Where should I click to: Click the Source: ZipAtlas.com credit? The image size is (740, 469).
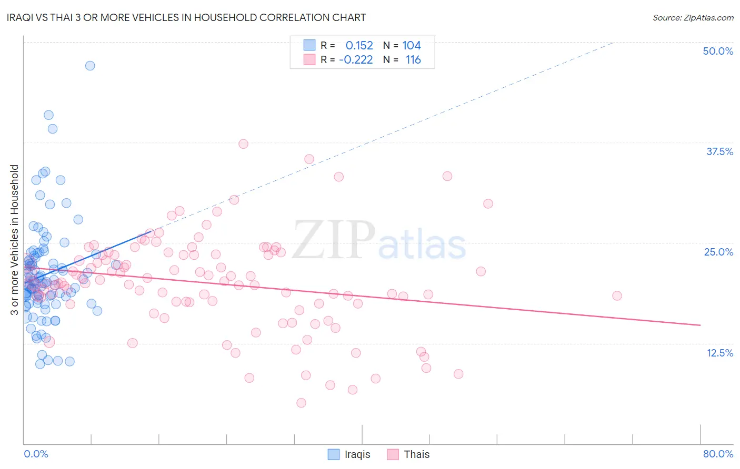point(693,17)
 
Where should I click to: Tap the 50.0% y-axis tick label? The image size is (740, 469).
point(718,51)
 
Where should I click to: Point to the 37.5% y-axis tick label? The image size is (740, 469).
point(719,151)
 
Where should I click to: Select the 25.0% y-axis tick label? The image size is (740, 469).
point(718,252)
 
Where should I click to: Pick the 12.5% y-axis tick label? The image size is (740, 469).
point(719,352)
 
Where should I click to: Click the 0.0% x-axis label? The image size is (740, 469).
point(36,454)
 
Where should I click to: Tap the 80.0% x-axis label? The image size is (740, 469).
point(718,454)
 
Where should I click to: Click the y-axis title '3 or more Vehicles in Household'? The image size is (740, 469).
point(15,240)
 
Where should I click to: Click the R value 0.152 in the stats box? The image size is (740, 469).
point(359,46)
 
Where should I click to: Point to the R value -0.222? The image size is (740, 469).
point(356,60)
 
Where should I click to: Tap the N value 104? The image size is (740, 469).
point(412,46)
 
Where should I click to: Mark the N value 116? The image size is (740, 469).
point(413,60)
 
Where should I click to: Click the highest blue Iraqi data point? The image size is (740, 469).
point(90,66)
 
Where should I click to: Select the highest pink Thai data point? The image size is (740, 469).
point(243,144)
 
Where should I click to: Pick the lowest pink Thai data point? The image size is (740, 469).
point(301,403)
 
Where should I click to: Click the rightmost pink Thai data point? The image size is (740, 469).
point(617,295)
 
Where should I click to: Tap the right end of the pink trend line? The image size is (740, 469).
point(700,325)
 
